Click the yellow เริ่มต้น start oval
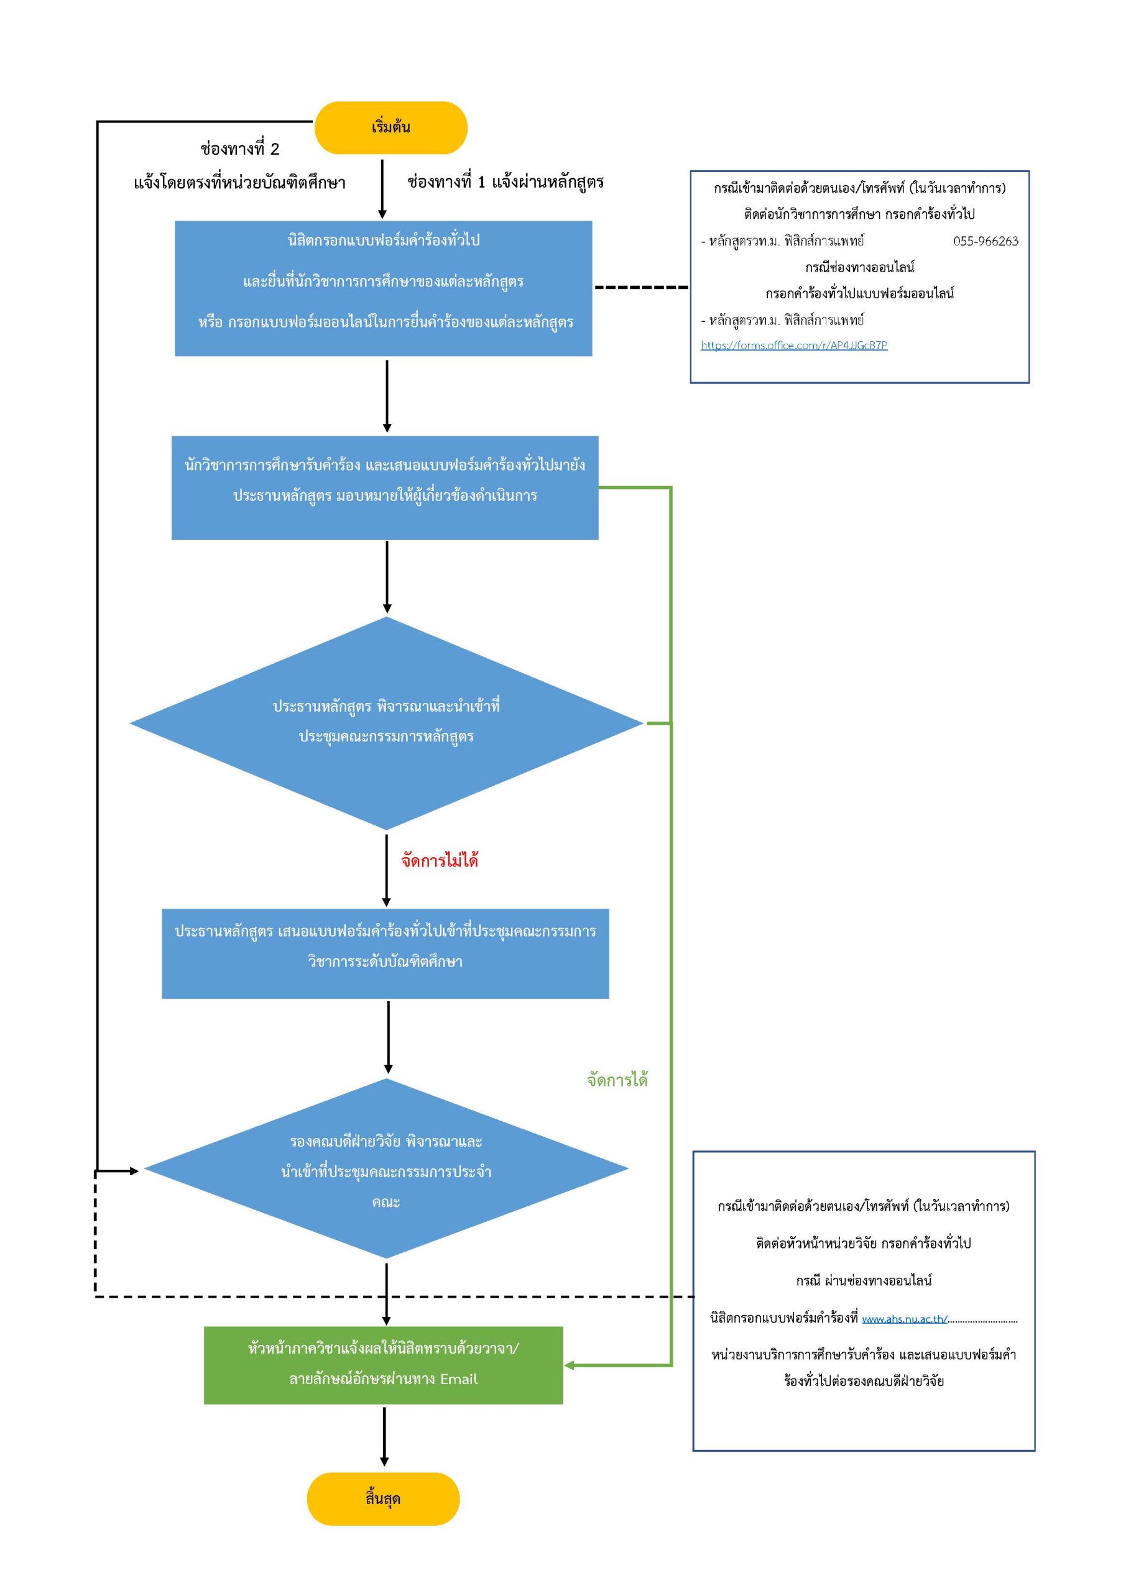[x=390, y=127]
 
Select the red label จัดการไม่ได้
[x=440, y=860]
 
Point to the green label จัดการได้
[x=617, y=1080]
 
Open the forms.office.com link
[x=794, y=345]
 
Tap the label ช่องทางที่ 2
[x=239, y=149]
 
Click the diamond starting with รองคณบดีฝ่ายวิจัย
[x=386, y=1168]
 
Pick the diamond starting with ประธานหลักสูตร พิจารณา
[x=386, y=723]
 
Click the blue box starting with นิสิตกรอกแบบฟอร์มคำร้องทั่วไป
[x=383, y=289]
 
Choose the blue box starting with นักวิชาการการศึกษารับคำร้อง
[x=384, y=488]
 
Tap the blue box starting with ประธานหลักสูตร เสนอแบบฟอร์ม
[x=385, y=953]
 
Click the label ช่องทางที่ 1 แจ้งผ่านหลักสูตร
[x=505, y=182]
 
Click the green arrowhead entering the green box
[x=569, y=1365]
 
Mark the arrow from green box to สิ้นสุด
[x=384, y=1436]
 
